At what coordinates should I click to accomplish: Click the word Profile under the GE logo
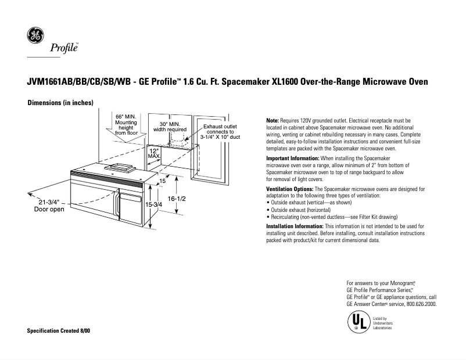64,47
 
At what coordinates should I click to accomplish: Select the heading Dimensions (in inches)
60,103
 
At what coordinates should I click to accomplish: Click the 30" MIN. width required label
170,127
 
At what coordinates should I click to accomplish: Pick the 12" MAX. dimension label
154,153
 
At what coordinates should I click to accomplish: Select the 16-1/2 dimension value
177,199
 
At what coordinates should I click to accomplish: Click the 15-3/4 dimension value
153,205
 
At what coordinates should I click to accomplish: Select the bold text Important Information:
292,159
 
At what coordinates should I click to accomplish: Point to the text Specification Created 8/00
59,330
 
